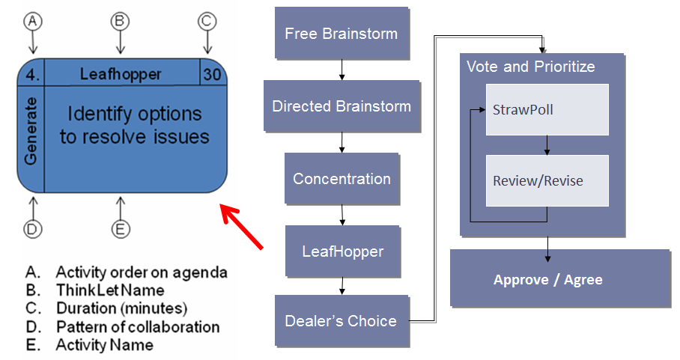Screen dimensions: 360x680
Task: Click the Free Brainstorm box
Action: (x=341, y=34)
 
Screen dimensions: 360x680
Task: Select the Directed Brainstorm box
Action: (x=341, y=106)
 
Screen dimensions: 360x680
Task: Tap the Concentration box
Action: (x=341, y=179)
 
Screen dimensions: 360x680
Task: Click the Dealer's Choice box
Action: (x=341, y=320)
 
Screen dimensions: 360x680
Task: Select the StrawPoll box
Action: (x=547, y=110)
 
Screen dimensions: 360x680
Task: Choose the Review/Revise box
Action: (x=547, y=181)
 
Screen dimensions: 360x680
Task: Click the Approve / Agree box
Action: (x=559, y=279)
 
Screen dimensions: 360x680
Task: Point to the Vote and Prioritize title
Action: (x=530, y=67)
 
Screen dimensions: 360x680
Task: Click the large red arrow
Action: (x=241, y=225)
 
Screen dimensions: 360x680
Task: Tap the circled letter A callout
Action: (x=31, y=22)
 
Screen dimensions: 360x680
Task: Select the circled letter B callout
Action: (x=120, y=22)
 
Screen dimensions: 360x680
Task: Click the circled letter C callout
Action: (x=207, y=22)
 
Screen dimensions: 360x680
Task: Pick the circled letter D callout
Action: (x=31, y=229)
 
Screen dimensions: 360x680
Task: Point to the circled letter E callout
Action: (x=120, y=229)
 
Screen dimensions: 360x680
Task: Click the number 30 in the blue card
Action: (x=211, y=74)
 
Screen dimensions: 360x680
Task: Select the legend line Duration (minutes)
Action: (x=121, y=308)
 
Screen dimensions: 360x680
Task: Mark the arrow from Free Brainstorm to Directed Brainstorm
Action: (x=341, y=70)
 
